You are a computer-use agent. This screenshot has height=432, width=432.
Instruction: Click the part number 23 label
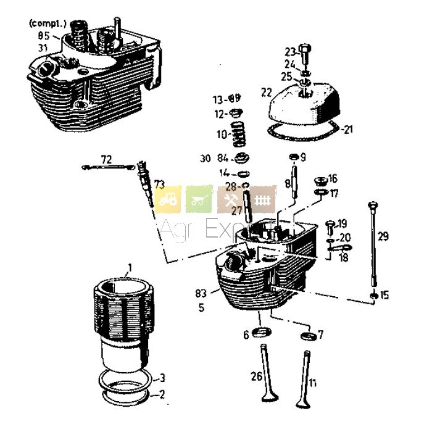(x=290, y=52)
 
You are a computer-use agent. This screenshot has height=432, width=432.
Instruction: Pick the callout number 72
(x=106, y=160)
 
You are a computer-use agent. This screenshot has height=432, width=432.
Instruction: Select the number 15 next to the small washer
(x=384, y=296)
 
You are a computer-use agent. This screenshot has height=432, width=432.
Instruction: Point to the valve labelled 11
(x=303, y=378)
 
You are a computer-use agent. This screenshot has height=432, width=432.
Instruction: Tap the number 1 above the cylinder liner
(x=130, y=268)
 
